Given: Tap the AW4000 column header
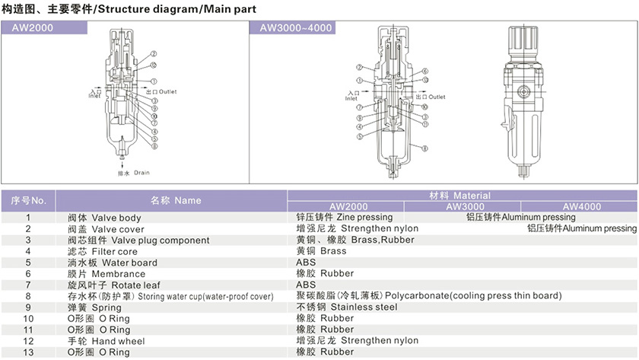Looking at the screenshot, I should pyautogui.click(x=582, y=206).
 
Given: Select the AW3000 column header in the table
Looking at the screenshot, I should pyautogui.click(x=464, y=206).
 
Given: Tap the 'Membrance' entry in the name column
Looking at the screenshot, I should pyautogui.click(x=106, y=274).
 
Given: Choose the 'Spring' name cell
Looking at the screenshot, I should pyautogui.click(x=95, y=307).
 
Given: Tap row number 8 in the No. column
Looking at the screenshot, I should pyautogui.click(x=28, y=296).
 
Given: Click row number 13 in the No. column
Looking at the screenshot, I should pyautogui.click(x=28, y=352).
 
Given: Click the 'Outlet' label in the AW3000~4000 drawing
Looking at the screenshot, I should pyautogui.click(x=436, y=97).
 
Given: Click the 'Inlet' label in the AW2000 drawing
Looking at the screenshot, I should pyautogui.click(x=94, y=96).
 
